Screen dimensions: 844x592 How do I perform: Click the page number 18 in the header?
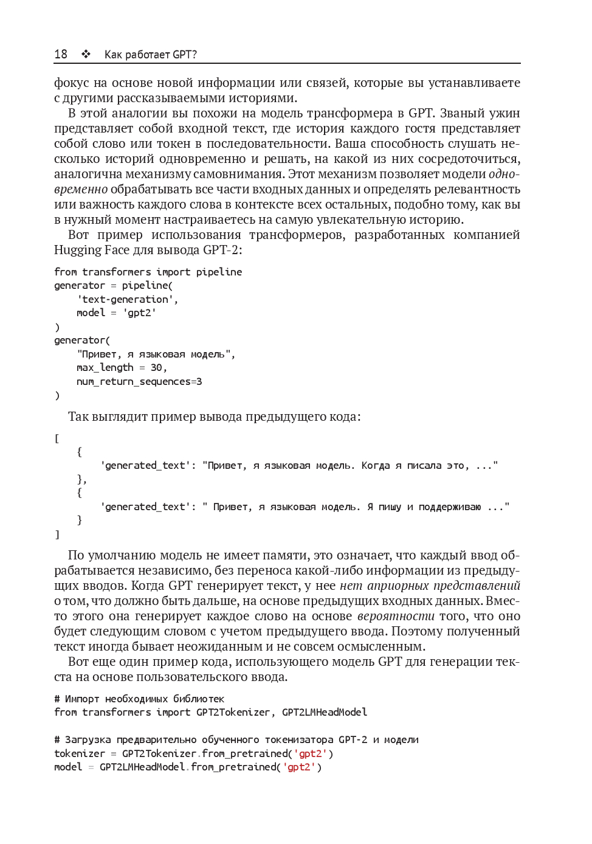(61, 54)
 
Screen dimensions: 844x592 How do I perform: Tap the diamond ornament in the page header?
(86, 54)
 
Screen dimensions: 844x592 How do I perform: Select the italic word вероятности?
(396, 616)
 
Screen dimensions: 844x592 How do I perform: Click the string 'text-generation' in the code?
(127, 299)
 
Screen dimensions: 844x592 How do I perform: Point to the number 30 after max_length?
(156, 367)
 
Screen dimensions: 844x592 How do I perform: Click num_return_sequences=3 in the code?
(139, 381)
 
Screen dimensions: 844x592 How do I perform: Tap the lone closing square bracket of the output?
(57, 534)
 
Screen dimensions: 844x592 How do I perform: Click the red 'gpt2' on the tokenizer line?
(311, 753)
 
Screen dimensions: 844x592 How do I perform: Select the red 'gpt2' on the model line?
(299, 767)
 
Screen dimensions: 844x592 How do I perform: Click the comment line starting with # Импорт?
(139, 699)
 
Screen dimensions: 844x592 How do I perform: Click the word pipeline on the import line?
(219, 272)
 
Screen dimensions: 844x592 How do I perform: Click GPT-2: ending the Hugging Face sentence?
(222, 250)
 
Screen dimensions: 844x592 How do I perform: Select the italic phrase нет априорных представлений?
(430, 586)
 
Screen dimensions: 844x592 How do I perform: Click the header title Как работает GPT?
(151, 54)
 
